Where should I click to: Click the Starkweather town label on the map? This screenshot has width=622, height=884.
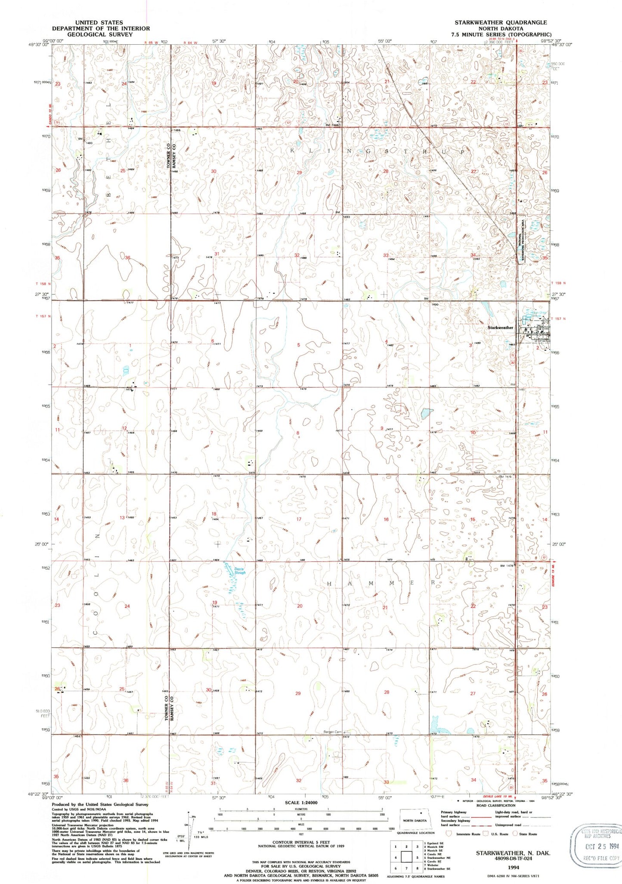pyautogui.click(x=500, y=328)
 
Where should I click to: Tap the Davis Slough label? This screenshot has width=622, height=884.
pyautogui.click(x=240, y=571)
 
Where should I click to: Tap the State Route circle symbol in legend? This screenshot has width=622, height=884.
pyautogui.click(x=519, y=834)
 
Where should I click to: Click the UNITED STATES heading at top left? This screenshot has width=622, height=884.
pyautogui.click(x=99, y=22)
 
